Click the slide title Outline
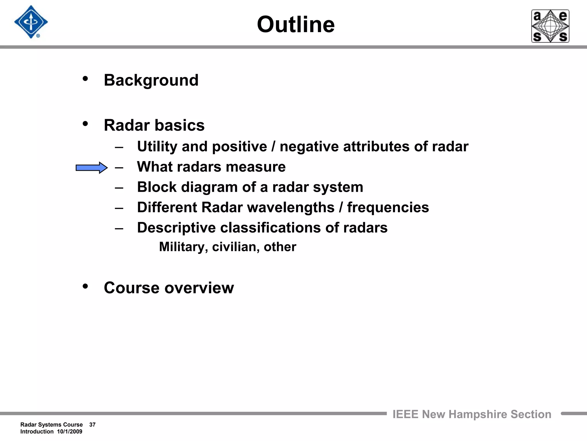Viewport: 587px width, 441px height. click(296, 24)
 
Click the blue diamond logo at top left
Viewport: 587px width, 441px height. click(31, 22)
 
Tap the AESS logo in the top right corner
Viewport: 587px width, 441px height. click(550, 26)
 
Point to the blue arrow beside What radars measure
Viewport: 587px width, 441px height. click(91, 168)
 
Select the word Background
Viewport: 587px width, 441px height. click(151, 80)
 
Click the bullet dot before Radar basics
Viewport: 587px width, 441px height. click(85, 124)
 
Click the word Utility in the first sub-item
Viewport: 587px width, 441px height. click(157, 146)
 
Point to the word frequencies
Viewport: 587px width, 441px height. click(388, 207)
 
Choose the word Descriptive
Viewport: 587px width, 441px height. click(176, 228)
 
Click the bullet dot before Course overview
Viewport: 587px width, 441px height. click(85, 286)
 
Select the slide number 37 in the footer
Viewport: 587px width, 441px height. click(92, 425)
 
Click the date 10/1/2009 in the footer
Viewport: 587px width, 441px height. click(70, 432)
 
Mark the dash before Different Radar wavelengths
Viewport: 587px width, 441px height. click(119, 208)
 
